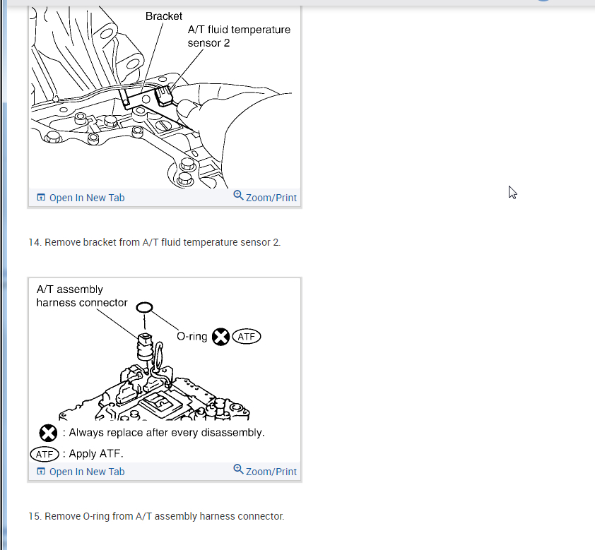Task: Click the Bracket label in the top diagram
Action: tap(163, 16)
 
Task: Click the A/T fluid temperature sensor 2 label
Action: tap(239, 36)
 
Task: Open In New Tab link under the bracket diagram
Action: tap(81, 198)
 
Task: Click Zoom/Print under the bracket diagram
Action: tap(265, 197)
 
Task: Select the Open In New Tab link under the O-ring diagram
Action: tap(81, 472)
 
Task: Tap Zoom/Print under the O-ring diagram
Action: tap(265, 471)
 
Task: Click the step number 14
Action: tap(34, 242)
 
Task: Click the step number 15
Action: tap(34, 516)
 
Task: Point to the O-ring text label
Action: tap(192, 337)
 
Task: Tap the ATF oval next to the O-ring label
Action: tap(247, 337)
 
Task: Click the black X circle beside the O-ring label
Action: tap(220, 337)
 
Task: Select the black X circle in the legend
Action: tap(48, 433)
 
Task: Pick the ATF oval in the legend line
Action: tap(45, 454)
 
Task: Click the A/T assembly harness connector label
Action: tap(82, 296)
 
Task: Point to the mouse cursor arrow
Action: tap(512, 192)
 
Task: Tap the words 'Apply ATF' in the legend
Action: tap(95, 454)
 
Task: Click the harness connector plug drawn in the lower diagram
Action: tap(145, 347)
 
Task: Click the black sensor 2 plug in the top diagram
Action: tap(164, 96)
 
